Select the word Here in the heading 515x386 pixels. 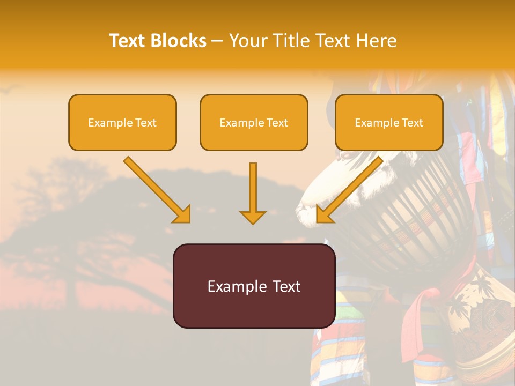pos(377,41)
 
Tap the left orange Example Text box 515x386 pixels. pos(122,122)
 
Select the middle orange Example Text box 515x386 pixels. pos(254,122)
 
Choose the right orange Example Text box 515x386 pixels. pos(389,122)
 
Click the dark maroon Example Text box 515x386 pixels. pos(254,286)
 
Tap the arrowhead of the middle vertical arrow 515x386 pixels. pos(253,217)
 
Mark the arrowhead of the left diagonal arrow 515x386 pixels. pos(182,214)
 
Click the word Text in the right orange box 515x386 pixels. pos(412,123)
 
